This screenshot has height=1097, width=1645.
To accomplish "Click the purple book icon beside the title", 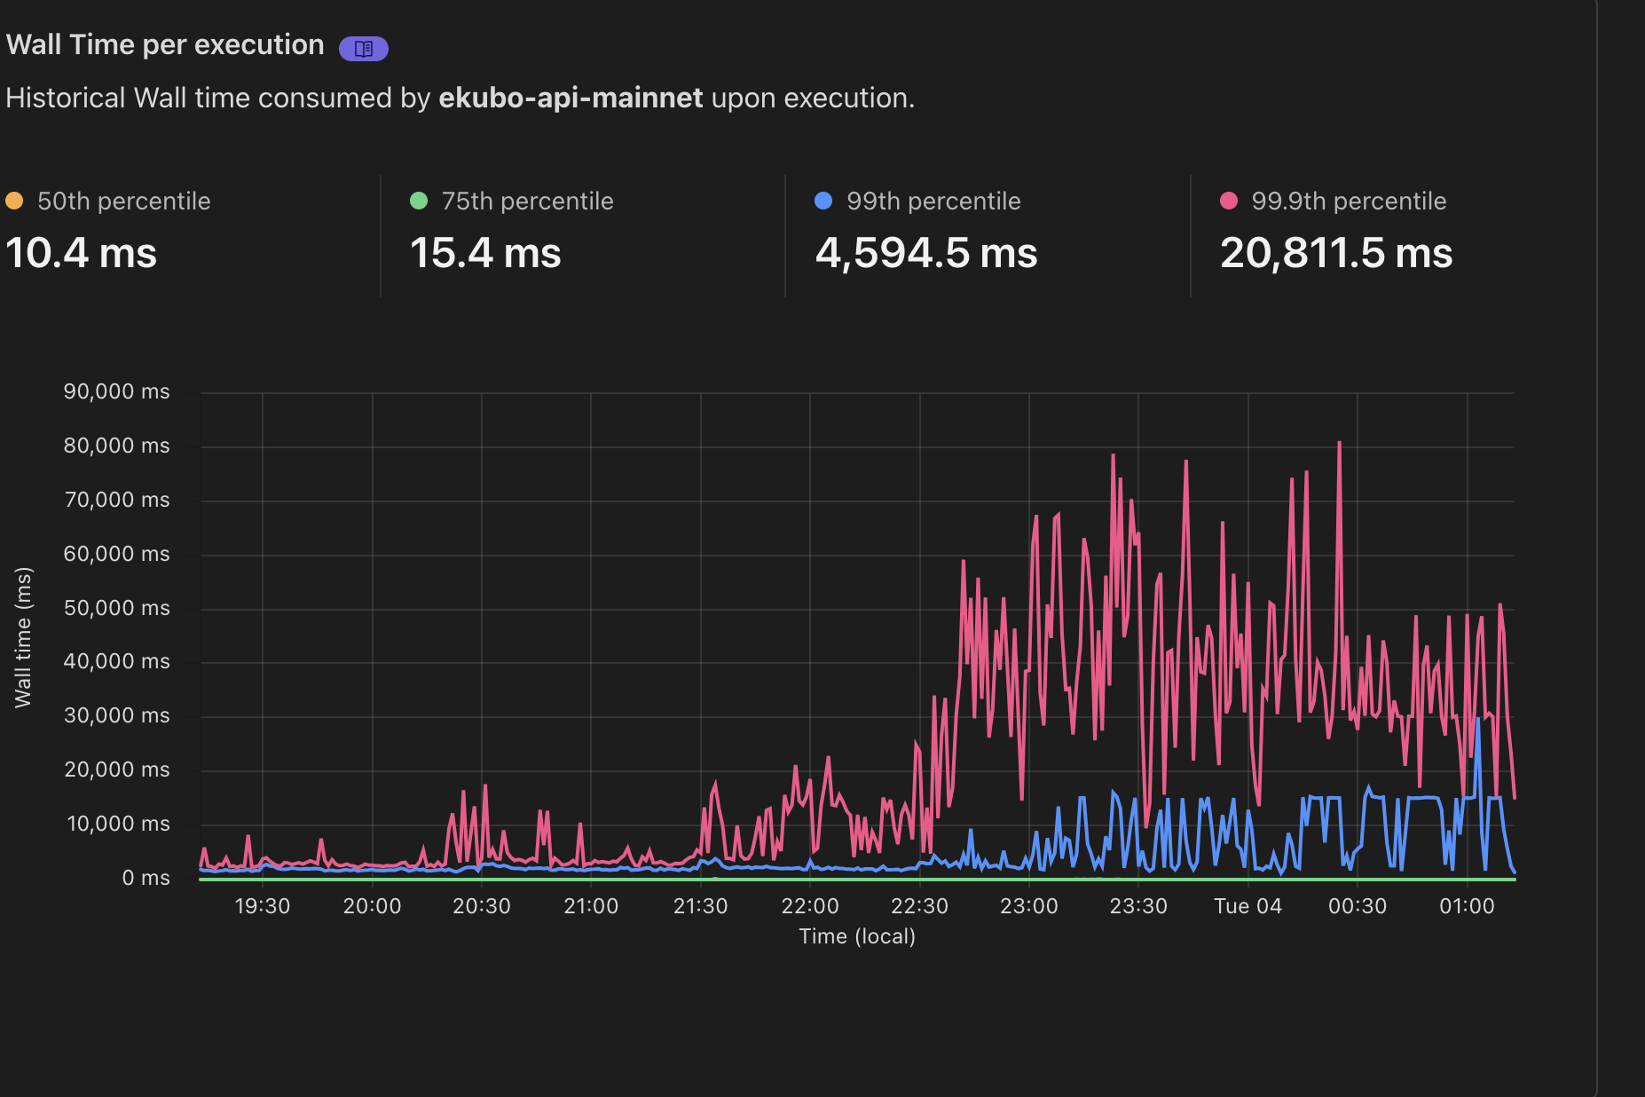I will coord(363,48).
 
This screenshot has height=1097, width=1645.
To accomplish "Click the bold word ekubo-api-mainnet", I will coord(571,98).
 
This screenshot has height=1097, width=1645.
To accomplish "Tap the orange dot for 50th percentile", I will coord(14,201).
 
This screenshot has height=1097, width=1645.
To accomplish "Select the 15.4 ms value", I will coord(485,253).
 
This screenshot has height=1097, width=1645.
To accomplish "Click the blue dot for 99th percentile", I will coord(822,201).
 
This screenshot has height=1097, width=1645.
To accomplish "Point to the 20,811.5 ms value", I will coord(1335,253).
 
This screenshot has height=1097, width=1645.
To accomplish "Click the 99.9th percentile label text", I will coord(1348,201).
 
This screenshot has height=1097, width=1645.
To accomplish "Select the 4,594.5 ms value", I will coord(925,253).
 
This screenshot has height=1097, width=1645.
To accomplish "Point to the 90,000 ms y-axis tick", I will coord(116,391).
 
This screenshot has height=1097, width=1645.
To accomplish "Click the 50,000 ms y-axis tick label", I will coord(116,608).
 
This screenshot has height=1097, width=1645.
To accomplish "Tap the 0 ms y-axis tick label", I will coord(146,878).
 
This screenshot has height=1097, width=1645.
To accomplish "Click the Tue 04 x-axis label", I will coord(1248,906).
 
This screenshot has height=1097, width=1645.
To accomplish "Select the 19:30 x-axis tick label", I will coord(262,906).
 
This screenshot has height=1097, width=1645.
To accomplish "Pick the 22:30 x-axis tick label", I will coord(919,906).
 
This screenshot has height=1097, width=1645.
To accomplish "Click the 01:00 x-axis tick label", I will coord(1467,906).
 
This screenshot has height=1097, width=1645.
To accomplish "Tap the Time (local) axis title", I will coord(856,936).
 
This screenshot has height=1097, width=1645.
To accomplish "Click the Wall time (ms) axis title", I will coord(23,637).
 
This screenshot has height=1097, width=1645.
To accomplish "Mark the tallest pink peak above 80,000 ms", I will coord(1339,444).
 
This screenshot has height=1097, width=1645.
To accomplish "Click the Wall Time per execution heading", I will coord(165,44).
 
